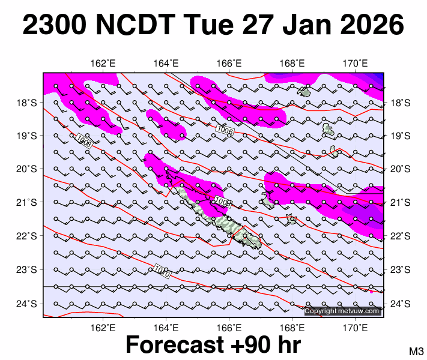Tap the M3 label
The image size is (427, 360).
point(417,351)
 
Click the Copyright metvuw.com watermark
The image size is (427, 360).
point(342,311)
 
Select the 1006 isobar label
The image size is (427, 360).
point(224,130)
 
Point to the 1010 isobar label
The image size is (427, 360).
point(162,271)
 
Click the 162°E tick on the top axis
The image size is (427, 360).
point(103,64)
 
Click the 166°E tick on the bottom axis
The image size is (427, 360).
point(229,327)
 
